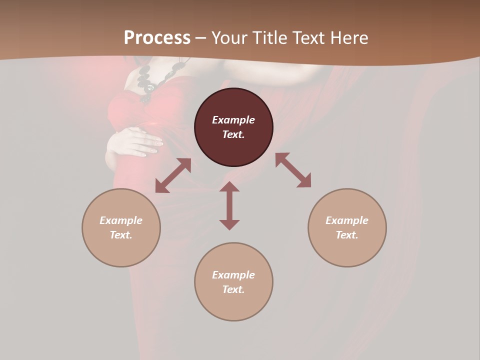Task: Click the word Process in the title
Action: (x=157, y=38)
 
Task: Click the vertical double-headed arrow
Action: (x=229, y=205)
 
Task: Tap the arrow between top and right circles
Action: (x=293, y=170)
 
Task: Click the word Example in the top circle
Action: (x=233, y=120)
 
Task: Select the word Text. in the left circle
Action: (x=121, y=235)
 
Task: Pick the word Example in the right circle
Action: (x=347, y=220)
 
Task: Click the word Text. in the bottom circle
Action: (x=233, y=289)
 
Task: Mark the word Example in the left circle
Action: (x=121, y=220)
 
